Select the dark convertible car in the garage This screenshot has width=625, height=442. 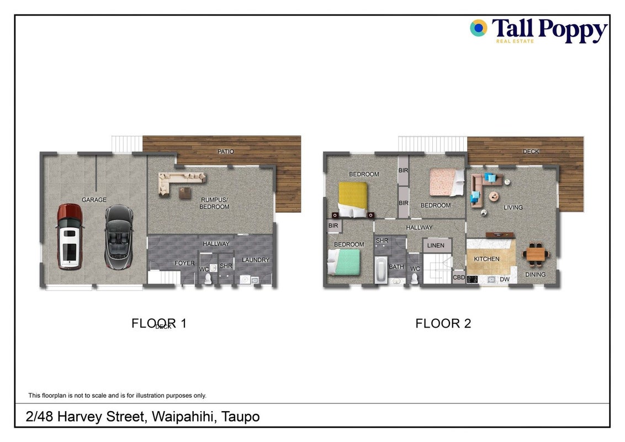pos(119,237)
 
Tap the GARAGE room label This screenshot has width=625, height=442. pos(94,200)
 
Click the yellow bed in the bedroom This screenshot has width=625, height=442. pos(352,200)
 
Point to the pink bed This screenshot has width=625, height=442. pos(447,182)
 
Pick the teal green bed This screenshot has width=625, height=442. pos(343,262)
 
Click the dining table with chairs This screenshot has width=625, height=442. pos(536,254)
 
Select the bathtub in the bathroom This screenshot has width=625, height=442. pos(381,270)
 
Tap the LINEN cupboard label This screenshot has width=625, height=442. pos(436,246)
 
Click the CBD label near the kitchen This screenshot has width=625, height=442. pos(459,277)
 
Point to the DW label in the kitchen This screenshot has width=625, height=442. pos(505,280)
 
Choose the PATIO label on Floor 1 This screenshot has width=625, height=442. pos(226,151)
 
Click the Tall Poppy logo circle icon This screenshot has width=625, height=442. pos(479,28)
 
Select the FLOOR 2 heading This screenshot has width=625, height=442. pos(443,324)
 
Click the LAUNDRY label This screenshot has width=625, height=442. pos(256,260)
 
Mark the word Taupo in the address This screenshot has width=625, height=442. pos(241,417)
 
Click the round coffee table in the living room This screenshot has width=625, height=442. pos(494,196)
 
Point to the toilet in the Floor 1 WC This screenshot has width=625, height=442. pos(208,278)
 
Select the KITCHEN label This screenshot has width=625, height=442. pos(486,259)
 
